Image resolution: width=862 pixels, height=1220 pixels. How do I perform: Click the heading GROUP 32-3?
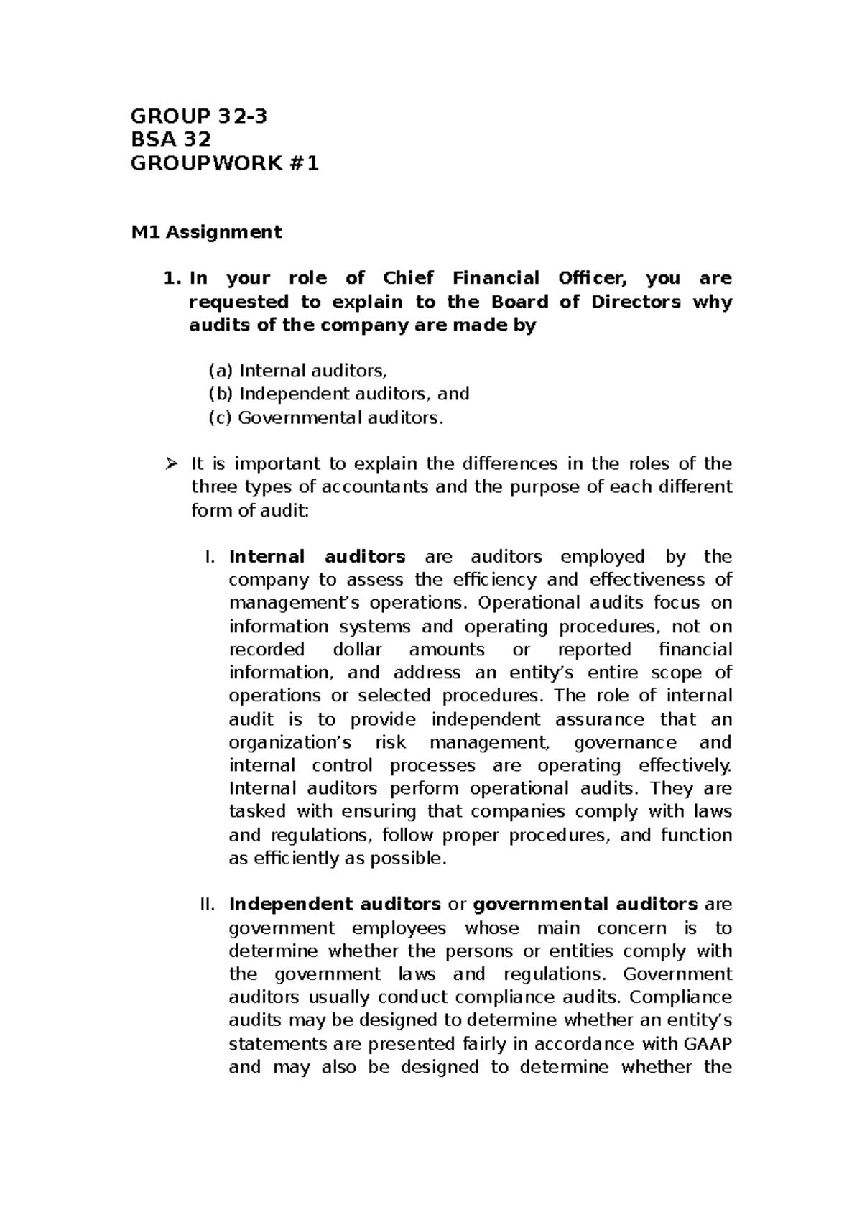[x=199, y=116]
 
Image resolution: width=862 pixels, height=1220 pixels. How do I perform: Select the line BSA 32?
[x=170, y=140]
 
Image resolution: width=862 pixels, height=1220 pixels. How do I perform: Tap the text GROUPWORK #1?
[x=224, y=164]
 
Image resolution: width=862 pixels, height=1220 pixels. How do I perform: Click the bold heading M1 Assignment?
[x=206, y=232]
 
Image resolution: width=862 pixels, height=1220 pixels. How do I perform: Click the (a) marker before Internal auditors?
[x=221, y=371]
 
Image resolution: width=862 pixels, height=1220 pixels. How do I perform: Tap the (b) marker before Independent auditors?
[x=221, y=394]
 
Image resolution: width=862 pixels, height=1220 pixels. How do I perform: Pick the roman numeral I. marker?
[x=210, y=557]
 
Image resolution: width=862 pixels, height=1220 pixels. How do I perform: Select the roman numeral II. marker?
[x=206, y=905]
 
